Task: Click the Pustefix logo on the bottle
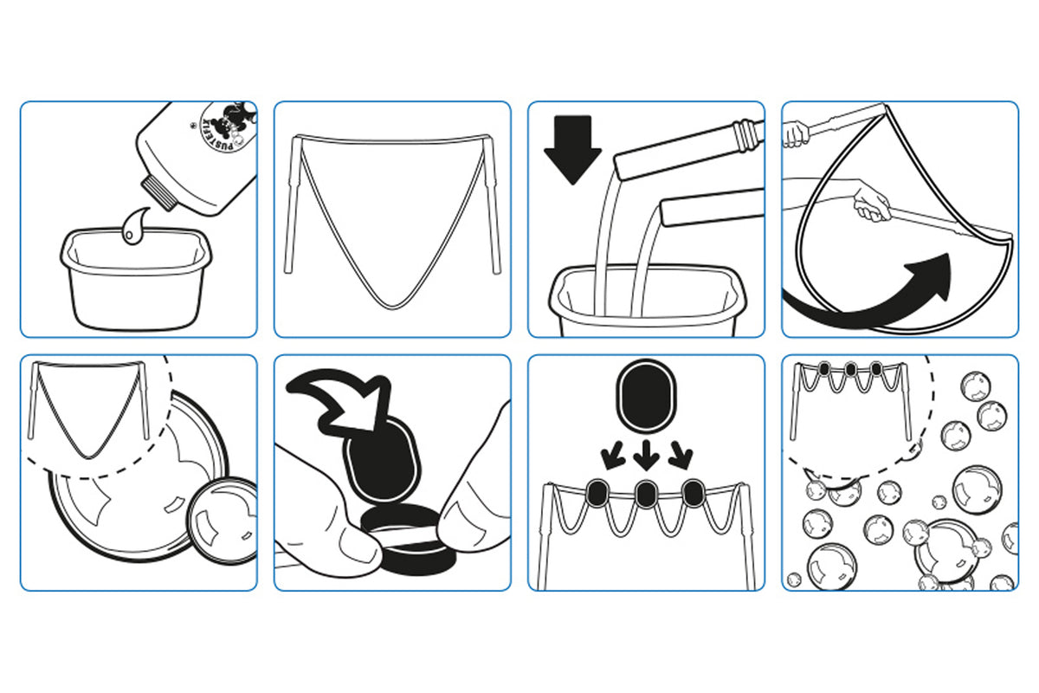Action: tap(226, 127)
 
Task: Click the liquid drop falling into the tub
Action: tap(134, 225)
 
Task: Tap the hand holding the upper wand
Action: tap(795, 133)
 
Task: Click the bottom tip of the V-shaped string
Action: tap(392, 307)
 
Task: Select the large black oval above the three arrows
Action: tap(646, 396)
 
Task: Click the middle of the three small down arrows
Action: tap(646, 455)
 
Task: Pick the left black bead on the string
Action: tap(598, 493)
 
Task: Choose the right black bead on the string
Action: tap(694, 493)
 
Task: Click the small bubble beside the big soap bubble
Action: tap(222, 521)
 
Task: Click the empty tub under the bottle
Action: tap(135, 279)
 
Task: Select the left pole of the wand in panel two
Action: tap(294, 204)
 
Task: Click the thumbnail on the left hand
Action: tap(354, 540)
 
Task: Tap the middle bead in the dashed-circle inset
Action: tap(850, 369)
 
